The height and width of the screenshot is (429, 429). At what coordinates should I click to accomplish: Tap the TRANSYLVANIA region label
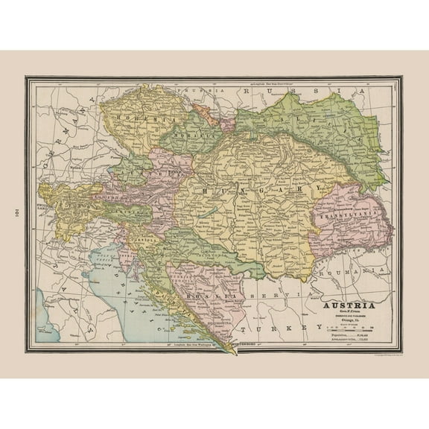click(x=342, y=215)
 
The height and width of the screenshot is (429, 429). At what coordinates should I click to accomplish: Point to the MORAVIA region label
click(x=183, y=139)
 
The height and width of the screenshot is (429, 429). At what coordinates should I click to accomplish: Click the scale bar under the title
click(x=348, y=329)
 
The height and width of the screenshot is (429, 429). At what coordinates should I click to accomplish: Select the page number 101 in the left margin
click(x=16, y=214)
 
